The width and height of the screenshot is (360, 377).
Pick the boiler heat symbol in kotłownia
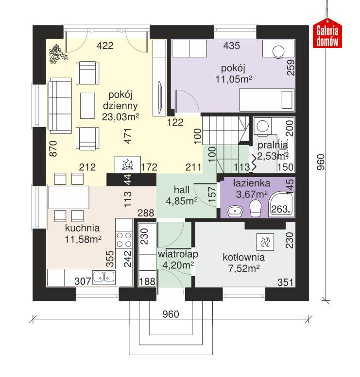(266, 241)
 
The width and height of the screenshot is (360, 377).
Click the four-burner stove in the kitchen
(124, 241)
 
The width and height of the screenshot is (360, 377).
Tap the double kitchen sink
(103, 278)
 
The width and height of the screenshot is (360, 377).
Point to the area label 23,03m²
(120, 116)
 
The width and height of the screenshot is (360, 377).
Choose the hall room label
(182, 190)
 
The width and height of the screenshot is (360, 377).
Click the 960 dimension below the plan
(171, 314)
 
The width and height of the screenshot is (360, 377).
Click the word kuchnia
(83, 228)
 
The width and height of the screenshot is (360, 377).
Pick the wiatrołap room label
(175, 254)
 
